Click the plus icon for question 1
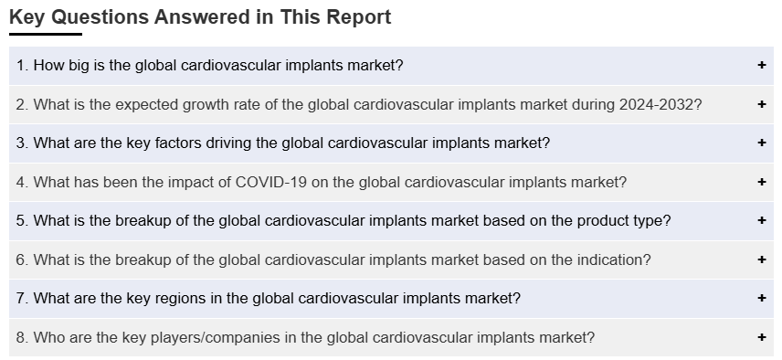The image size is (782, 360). click(x=762, y=65)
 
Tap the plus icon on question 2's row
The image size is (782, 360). click(x=762, y=104)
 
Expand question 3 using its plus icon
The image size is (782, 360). click(x=762, y=143)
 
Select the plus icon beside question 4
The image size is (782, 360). click(x=762, y=182)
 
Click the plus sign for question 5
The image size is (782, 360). click(x=762, y=220)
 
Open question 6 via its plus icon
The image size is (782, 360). click(x=762, y=259)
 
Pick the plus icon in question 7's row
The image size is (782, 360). click(x=762, y=298)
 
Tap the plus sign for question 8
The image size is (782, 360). click(x=762, y=337)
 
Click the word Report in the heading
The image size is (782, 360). click(x=359, y=17)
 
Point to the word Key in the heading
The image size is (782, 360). click(x=26, y=17)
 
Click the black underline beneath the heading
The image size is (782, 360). click(x=46, y=35)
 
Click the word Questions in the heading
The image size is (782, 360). click(x=100, y=17)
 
